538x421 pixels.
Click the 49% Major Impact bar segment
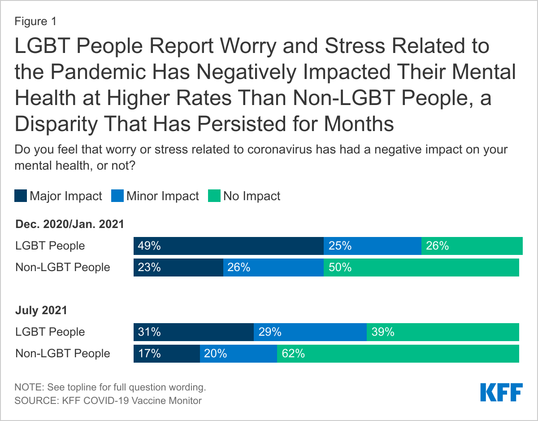tap(228, 246)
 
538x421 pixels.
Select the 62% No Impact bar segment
tap(398, 354)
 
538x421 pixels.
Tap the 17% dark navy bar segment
tap(166, 354)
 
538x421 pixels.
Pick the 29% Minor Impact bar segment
tap(310, 332)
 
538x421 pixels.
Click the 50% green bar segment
tap(421, 268)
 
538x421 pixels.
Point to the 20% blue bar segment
tap(238, 354)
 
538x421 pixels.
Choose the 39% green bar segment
tap(443, 332)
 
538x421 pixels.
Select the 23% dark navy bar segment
tap(178, 268)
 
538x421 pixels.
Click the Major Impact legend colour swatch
tap(21, 196)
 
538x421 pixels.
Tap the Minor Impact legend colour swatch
tap(117, 196)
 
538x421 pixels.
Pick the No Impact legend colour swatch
tap(214, 196)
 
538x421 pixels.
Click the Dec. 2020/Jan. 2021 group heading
tap(69, 224)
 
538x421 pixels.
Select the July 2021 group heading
tap(41, 310)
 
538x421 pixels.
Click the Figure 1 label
tap(35, 21)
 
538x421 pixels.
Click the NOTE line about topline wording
tap(110, 387)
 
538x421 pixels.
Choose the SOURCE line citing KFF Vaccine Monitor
tap(108, 400)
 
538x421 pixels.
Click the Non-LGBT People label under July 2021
tap(63, 354)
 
